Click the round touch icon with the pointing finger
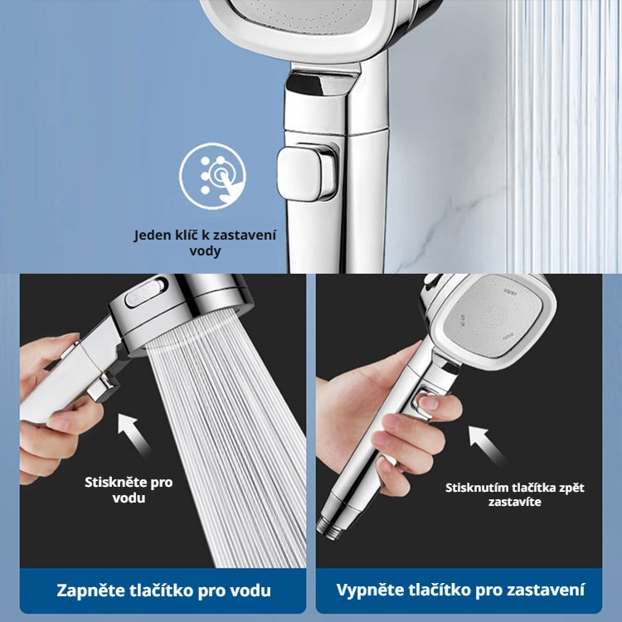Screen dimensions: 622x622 pyautogui.click(x=212, y=176)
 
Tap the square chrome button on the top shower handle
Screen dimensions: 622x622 pyautogui.click(x=308, y=173)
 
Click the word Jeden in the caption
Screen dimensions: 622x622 pyautogui.click(x=153, y=235)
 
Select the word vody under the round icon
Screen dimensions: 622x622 pyautogui.click(x=205, y=250)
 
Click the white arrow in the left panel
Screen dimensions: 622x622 pyautogui.click(x=134, y=435)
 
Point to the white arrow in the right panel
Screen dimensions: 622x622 pyautogui.click(x=486, y=445)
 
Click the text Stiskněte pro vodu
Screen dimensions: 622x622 pyautogui.click(x=129, y=490)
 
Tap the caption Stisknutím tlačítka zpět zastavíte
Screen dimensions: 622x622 pyautogui.click(x=514, y=494)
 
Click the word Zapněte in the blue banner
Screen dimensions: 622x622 pyautogui.click(x=90, y=590)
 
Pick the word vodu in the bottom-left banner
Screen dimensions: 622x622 pyautogui.click(x=250, y=590)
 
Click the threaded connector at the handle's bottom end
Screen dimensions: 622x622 pyautogui.click(x=329, y=527)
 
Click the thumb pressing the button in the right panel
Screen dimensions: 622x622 pyautogui.click(x=439, y=406)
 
